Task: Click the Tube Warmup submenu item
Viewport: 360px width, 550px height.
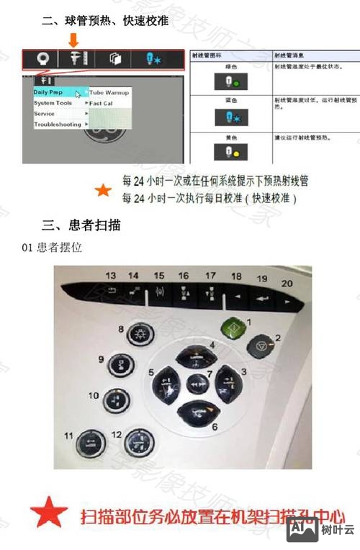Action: [109, 93]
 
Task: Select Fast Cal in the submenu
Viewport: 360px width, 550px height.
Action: [102, 104]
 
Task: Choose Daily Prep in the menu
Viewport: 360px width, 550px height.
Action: [49, 92]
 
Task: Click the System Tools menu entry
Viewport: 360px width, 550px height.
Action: [53, 103]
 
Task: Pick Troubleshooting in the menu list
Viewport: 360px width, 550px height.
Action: [58, 125]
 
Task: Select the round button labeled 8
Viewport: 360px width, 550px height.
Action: [136, 335]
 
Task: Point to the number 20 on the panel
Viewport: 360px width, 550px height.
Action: [287, 284]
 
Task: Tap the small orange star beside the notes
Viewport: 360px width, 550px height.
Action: [104, 190]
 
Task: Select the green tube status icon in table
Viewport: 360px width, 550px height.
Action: [223, 82]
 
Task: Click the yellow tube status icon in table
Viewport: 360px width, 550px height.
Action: [223, 153]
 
